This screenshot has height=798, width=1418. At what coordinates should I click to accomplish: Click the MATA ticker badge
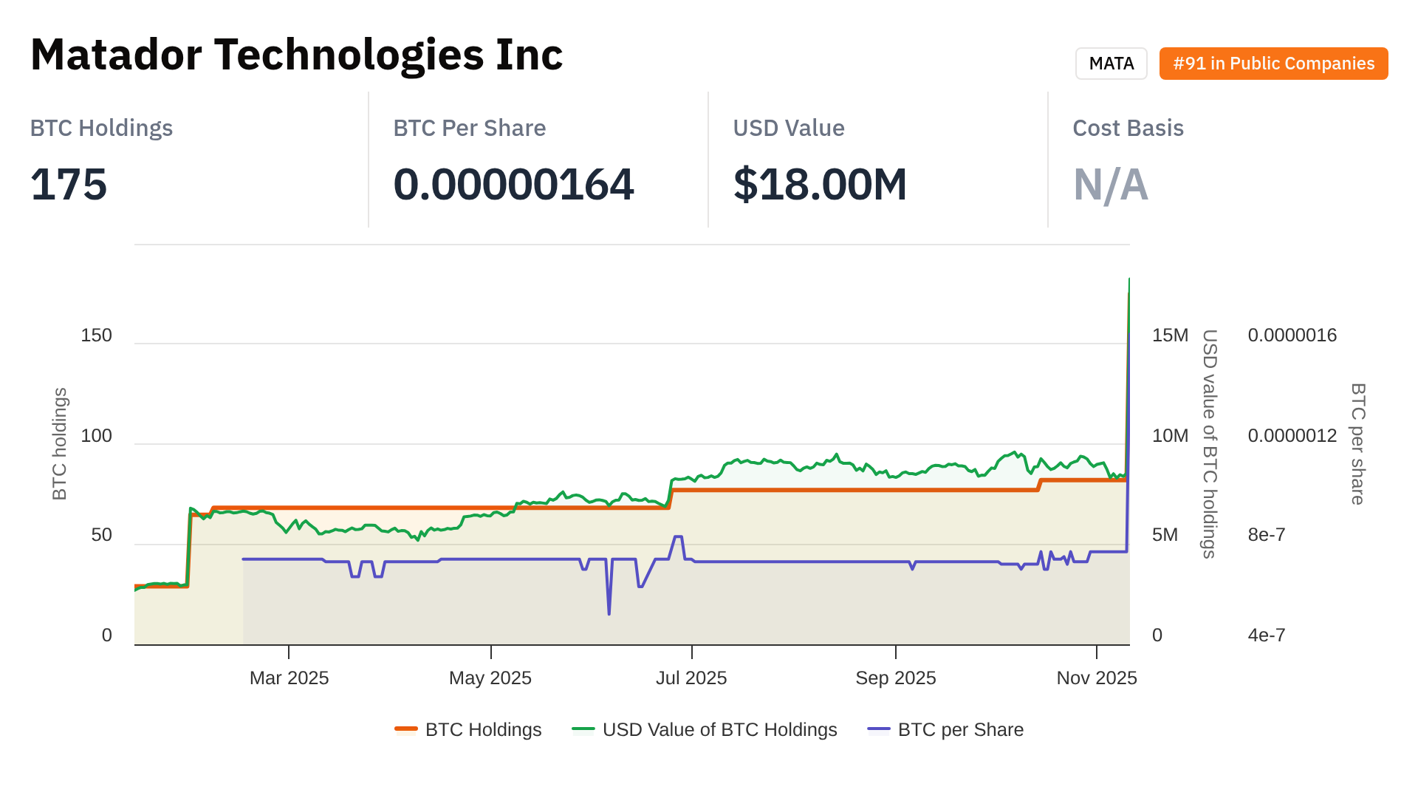[x=1111, y=64]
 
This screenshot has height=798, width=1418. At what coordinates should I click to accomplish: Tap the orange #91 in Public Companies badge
[x=1273, y=64]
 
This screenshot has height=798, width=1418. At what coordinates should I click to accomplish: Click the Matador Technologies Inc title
[x=296, y=55]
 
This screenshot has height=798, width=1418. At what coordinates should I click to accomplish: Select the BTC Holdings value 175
[x=69, y=184]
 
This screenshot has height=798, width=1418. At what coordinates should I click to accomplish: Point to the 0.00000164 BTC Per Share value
[x=513, y=184]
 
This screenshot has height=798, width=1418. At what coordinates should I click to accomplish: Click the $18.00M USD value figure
[x=820, y=184]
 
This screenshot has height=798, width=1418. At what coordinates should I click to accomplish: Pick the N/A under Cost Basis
[x=1110, y=184]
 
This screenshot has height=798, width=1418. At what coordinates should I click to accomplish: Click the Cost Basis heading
[x=1128, y=128]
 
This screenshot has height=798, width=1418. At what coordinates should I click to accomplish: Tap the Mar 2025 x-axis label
[x=289, y=678]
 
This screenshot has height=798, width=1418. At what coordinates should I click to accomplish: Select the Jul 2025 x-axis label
[x=691, y=678]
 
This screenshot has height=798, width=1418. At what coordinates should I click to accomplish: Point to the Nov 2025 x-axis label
[x=1096, y=678]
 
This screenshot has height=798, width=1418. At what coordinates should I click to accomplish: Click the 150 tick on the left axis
[x=96, y=335]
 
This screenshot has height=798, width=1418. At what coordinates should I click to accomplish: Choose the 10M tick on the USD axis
[x=1170, y=436]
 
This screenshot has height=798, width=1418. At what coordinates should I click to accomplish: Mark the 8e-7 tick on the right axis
[x=1266, y=535]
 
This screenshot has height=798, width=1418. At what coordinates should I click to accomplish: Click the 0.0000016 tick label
[x=1292, y=335]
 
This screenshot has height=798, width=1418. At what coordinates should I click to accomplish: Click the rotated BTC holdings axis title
[x=60, y=444]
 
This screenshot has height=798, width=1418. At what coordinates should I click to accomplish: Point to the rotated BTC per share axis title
[x=1357, y=444]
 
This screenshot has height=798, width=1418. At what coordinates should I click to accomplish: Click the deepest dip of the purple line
[x=609, y=613]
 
